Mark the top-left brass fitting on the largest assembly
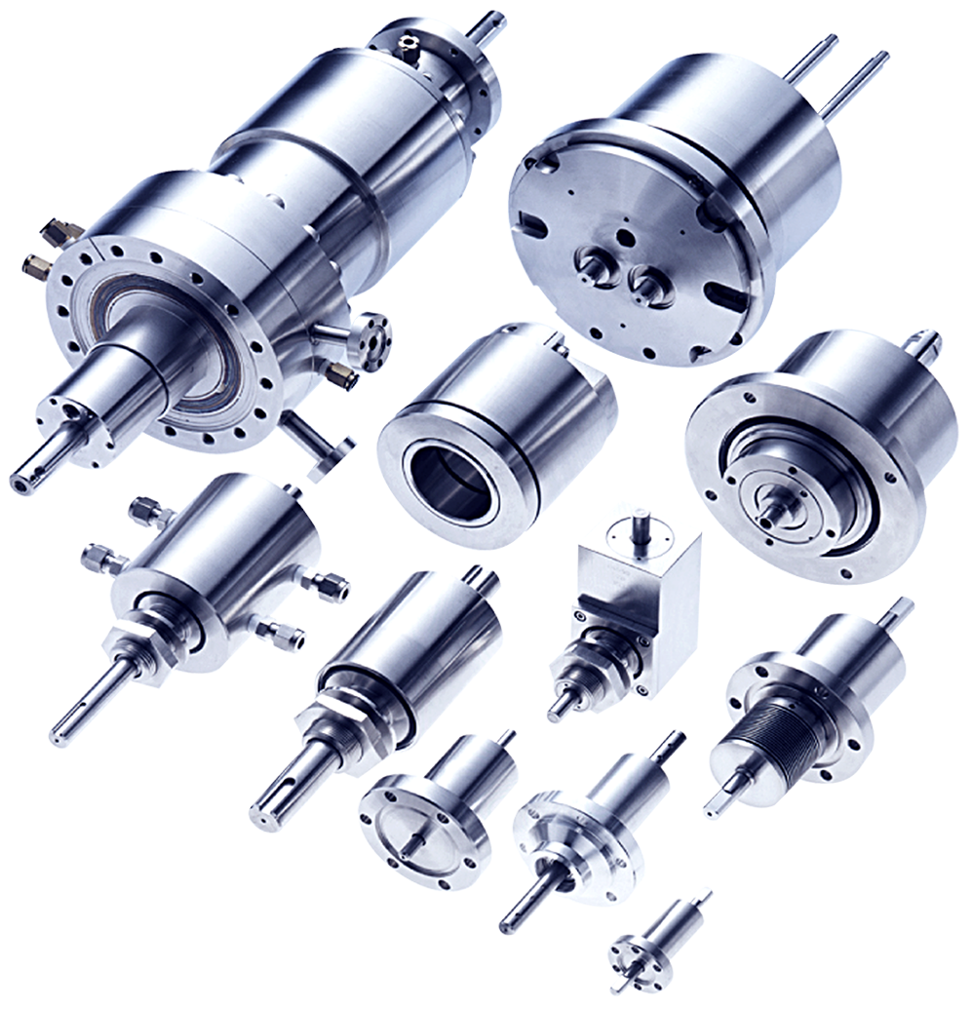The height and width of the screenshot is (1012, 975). tap(58, 232)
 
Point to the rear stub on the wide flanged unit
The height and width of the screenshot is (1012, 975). tap(923, 342)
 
